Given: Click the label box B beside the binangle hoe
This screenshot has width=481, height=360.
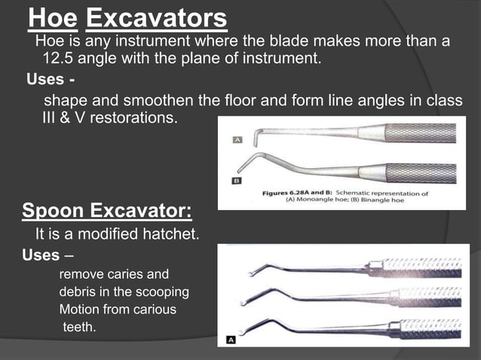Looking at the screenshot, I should (x=237, y=182).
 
